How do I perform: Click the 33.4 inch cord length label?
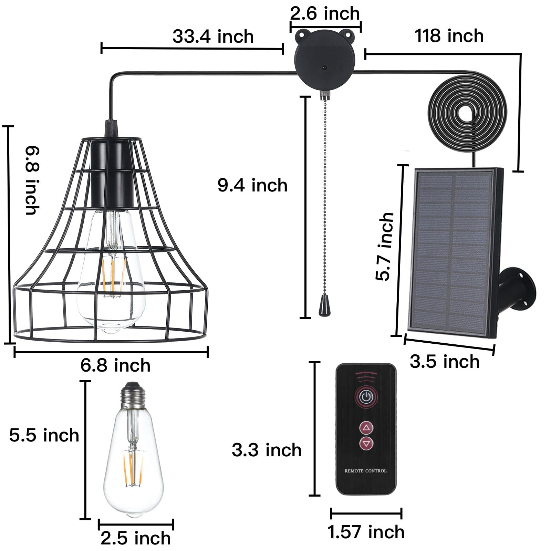pyautogui.click(x=213, y=37)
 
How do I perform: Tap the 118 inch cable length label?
pyautogui.click(x=449, y=36)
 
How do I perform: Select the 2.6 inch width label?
pyautogui.click(x=325, y=14)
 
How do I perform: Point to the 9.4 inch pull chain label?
pyautogui.click(x=252, y=185)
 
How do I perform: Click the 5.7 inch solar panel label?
pyautogui.click(x=384, y=247)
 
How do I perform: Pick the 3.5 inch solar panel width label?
pyautogui.click(x=445, y=362)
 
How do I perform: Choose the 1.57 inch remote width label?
pyautogui.click(x=366, y=532)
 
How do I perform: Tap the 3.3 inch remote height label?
pyautogui.click(x=267, y=450)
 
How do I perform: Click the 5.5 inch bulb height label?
pyautogui.click(x=44, y=435)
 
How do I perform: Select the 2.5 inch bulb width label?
pyautogui.click(x=136, y=538)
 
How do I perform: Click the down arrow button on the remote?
pyautogui.click(x=366, y=443)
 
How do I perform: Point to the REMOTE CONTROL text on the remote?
pyautogui.click(x=366, y=471)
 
